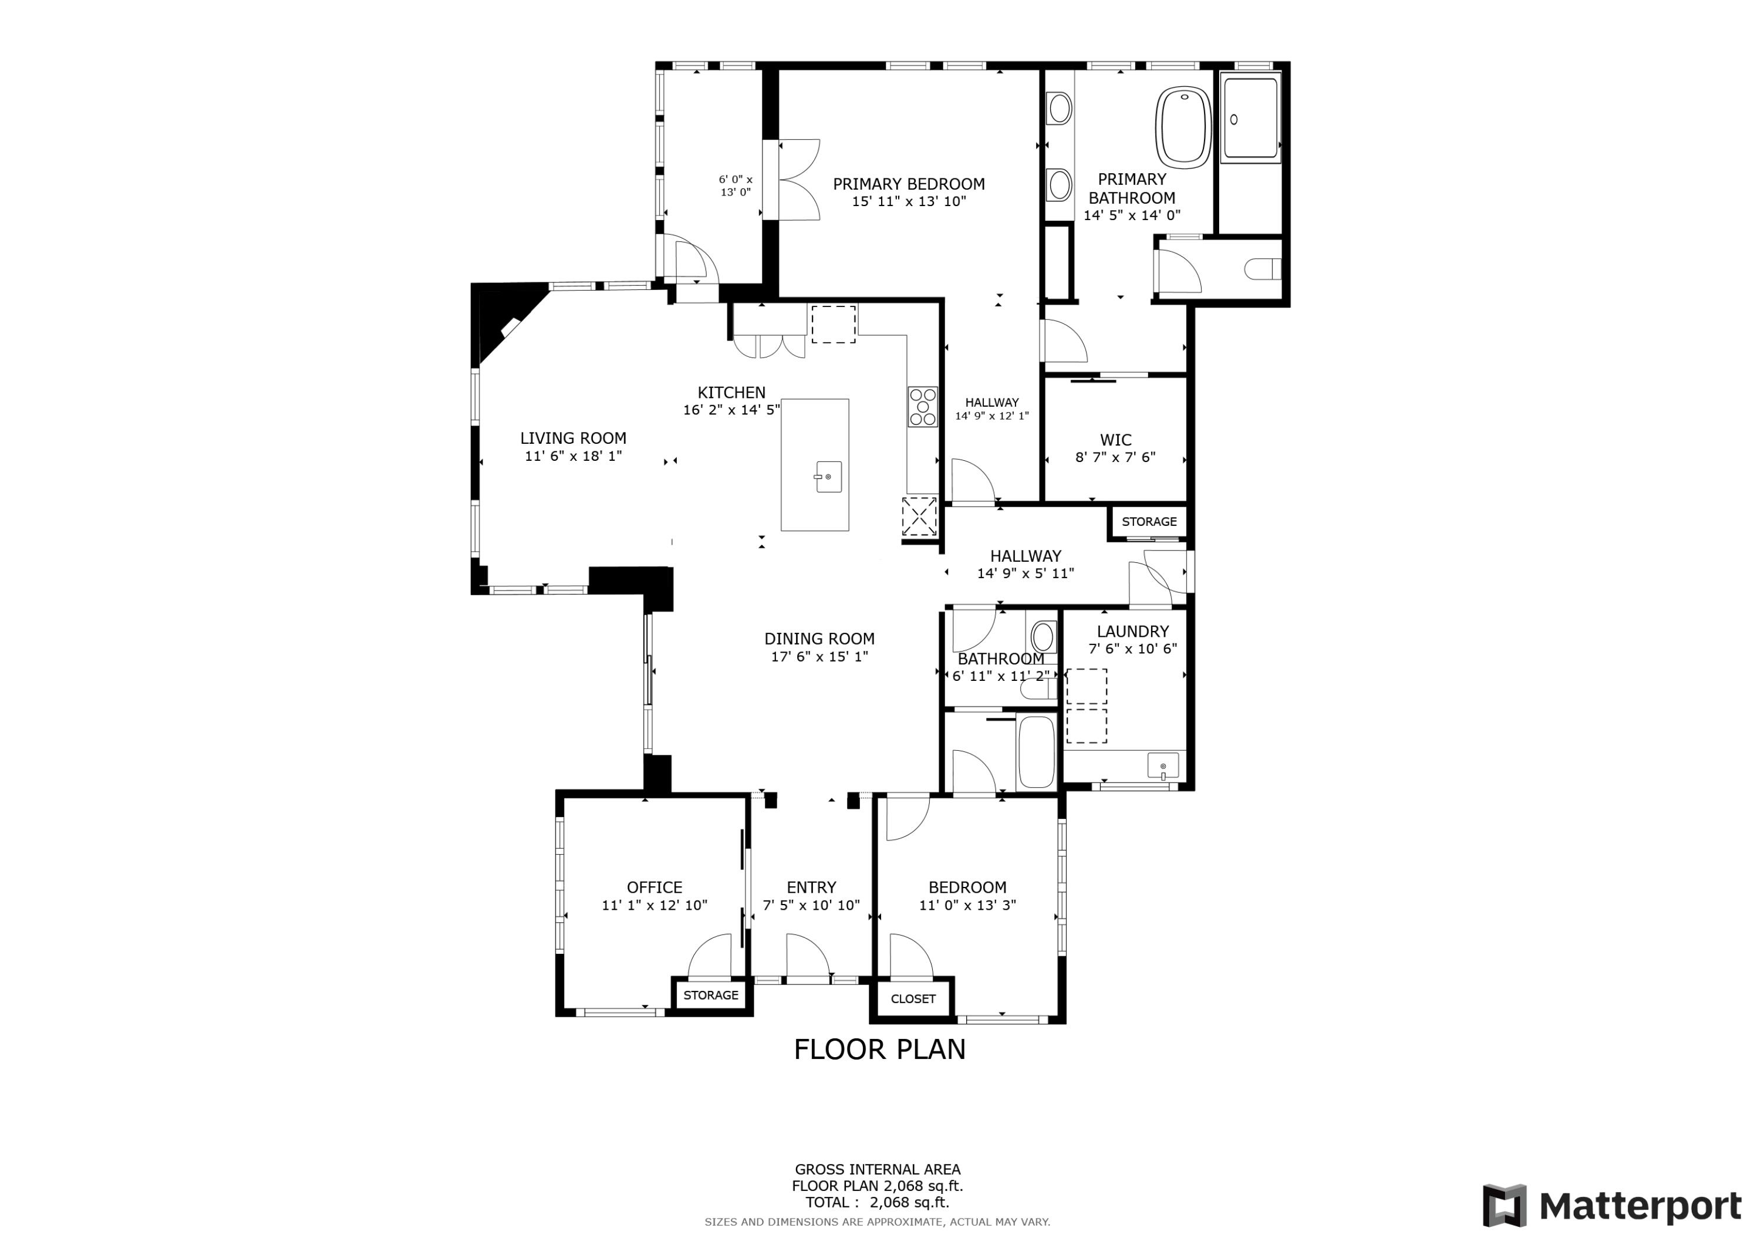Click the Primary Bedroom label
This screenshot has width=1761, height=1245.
pyautogui.click(x=909, y=184)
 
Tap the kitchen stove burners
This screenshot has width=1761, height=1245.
pyautogui.click(x=923, y=407)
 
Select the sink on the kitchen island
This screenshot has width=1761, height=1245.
pyautogui.click(x=828, y=477)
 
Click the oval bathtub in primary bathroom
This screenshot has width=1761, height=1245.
pyautogui.click(x=1183, y=127)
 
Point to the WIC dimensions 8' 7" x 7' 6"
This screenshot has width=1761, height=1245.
pyautogui.click(x=1115, y=458)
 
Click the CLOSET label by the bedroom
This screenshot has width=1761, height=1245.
pyautogui.click(x=913, y=999)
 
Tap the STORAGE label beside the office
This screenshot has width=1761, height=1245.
pyautogui.click(x=711, y=995)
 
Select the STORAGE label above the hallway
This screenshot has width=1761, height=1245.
pyautogui.click(x=1149, y=522)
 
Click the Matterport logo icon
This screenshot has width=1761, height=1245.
pyautogui.click(x=1504, y=1206)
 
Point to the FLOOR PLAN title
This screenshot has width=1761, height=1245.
pyautogui.click(x=880, y=1050)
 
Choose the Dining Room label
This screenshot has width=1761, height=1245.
pyautogui.click(x=819, y=639)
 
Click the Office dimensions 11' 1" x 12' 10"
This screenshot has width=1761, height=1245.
pyautogui.click(x=655, y=905)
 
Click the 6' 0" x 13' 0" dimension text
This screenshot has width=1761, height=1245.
pyautogui.click(x=736, y=185)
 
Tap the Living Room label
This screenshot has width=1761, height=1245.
pyautogui.click(x=573, y=438)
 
